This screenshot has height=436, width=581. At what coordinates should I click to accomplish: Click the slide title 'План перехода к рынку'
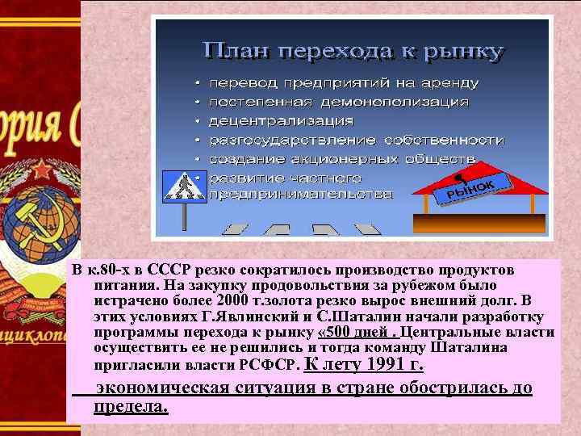coord(353,52)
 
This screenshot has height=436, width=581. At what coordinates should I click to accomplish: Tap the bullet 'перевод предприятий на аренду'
coord(344,83)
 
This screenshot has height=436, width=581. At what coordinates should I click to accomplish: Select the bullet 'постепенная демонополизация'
coord(339,103)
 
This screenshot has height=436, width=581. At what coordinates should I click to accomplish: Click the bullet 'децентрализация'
coord(281,121)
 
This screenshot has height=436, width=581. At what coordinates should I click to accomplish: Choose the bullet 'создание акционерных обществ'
coord(342,158)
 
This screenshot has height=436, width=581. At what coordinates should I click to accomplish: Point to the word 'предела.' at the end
coord(131,405)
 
